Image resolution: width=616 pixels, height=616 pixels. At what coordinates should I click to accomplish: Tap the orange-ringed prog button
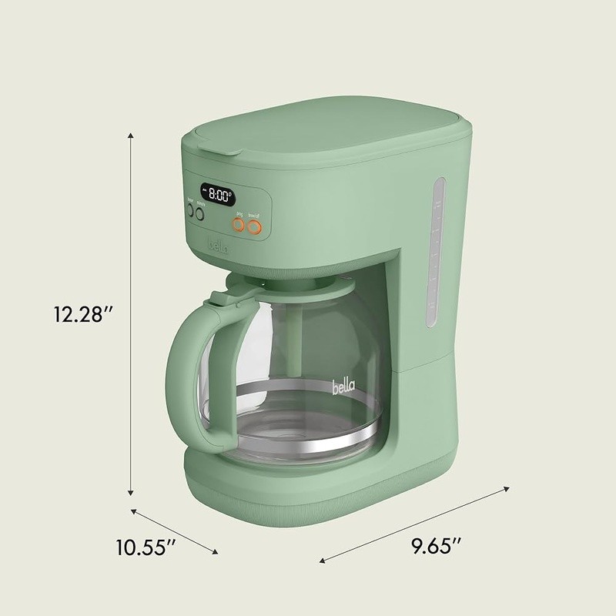point(239,226)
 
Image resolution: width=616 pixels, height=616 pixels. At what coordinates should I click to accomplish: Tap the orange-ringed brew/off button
point(257,226)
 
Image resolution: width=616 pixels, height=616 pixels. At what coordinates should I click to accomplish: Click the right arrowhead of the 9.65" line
point(508,487)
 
